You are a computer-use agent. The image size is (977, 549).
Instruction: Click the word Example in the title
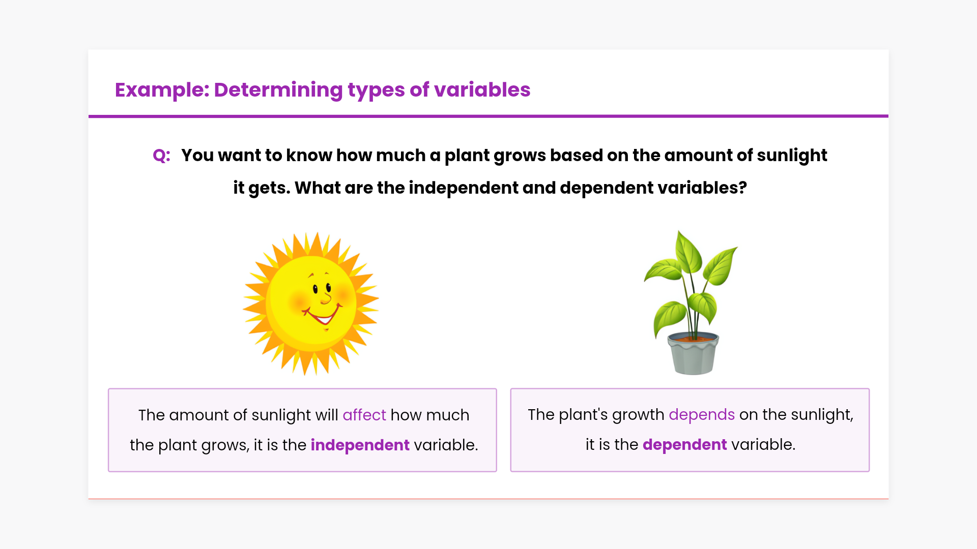coord(162,90)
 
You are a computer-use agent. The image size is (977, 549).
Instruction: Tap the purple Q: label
coord(161,156)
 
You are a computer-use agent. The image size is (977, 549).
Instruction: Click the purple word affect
coord(364,415)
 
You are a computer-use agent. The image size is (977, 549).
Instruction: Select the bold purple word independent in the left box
coord(360,445)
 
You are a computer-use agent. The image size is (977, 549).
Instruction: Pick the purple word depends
coord(702,415)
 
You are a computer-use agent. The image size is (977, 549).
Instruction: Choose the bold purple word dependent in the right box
coord(684,444)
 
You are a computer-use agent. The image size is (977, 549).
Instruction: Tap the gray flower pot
coord(693,354)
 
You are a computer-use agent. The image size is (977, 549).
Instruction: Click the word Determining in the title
coord(278,90)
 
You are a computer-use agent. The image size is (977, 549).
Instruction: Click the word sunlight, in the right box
coord(822,415)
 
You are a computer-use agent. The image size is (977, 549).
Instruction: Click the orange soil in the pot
coord(693,338)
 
